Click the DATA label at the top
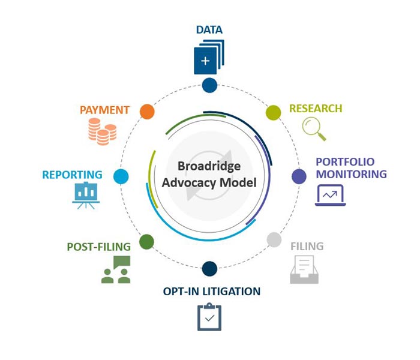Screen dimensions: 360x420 [209, 29]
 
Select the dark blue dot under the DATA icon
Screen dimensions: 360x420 [209, 85]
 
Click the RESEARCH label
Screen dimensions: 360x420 [316, 109]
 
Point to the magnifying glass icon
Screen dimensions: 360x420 [314, 128]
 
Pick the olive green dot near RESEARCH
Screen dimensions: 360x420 [274, 112]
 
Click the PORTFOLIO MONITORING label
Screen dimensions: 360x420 [351, 168]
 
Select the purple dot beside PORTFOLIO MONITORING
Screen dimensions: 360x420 [299, 176]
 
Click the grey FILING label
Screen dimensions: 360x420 [307, 246]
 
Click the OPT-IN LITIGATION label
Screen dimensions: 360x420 [212, 292]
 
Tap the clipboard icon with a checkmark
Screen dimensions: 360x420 [209, 317]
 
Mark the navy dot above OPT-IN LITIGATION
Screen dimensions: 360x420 [209, 268]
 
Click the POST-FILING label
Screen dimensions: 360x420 [99, 247]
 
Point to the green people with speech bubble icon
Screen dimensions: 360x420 [116, 269]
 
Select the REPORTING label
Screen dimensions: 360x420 [72, 175]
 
